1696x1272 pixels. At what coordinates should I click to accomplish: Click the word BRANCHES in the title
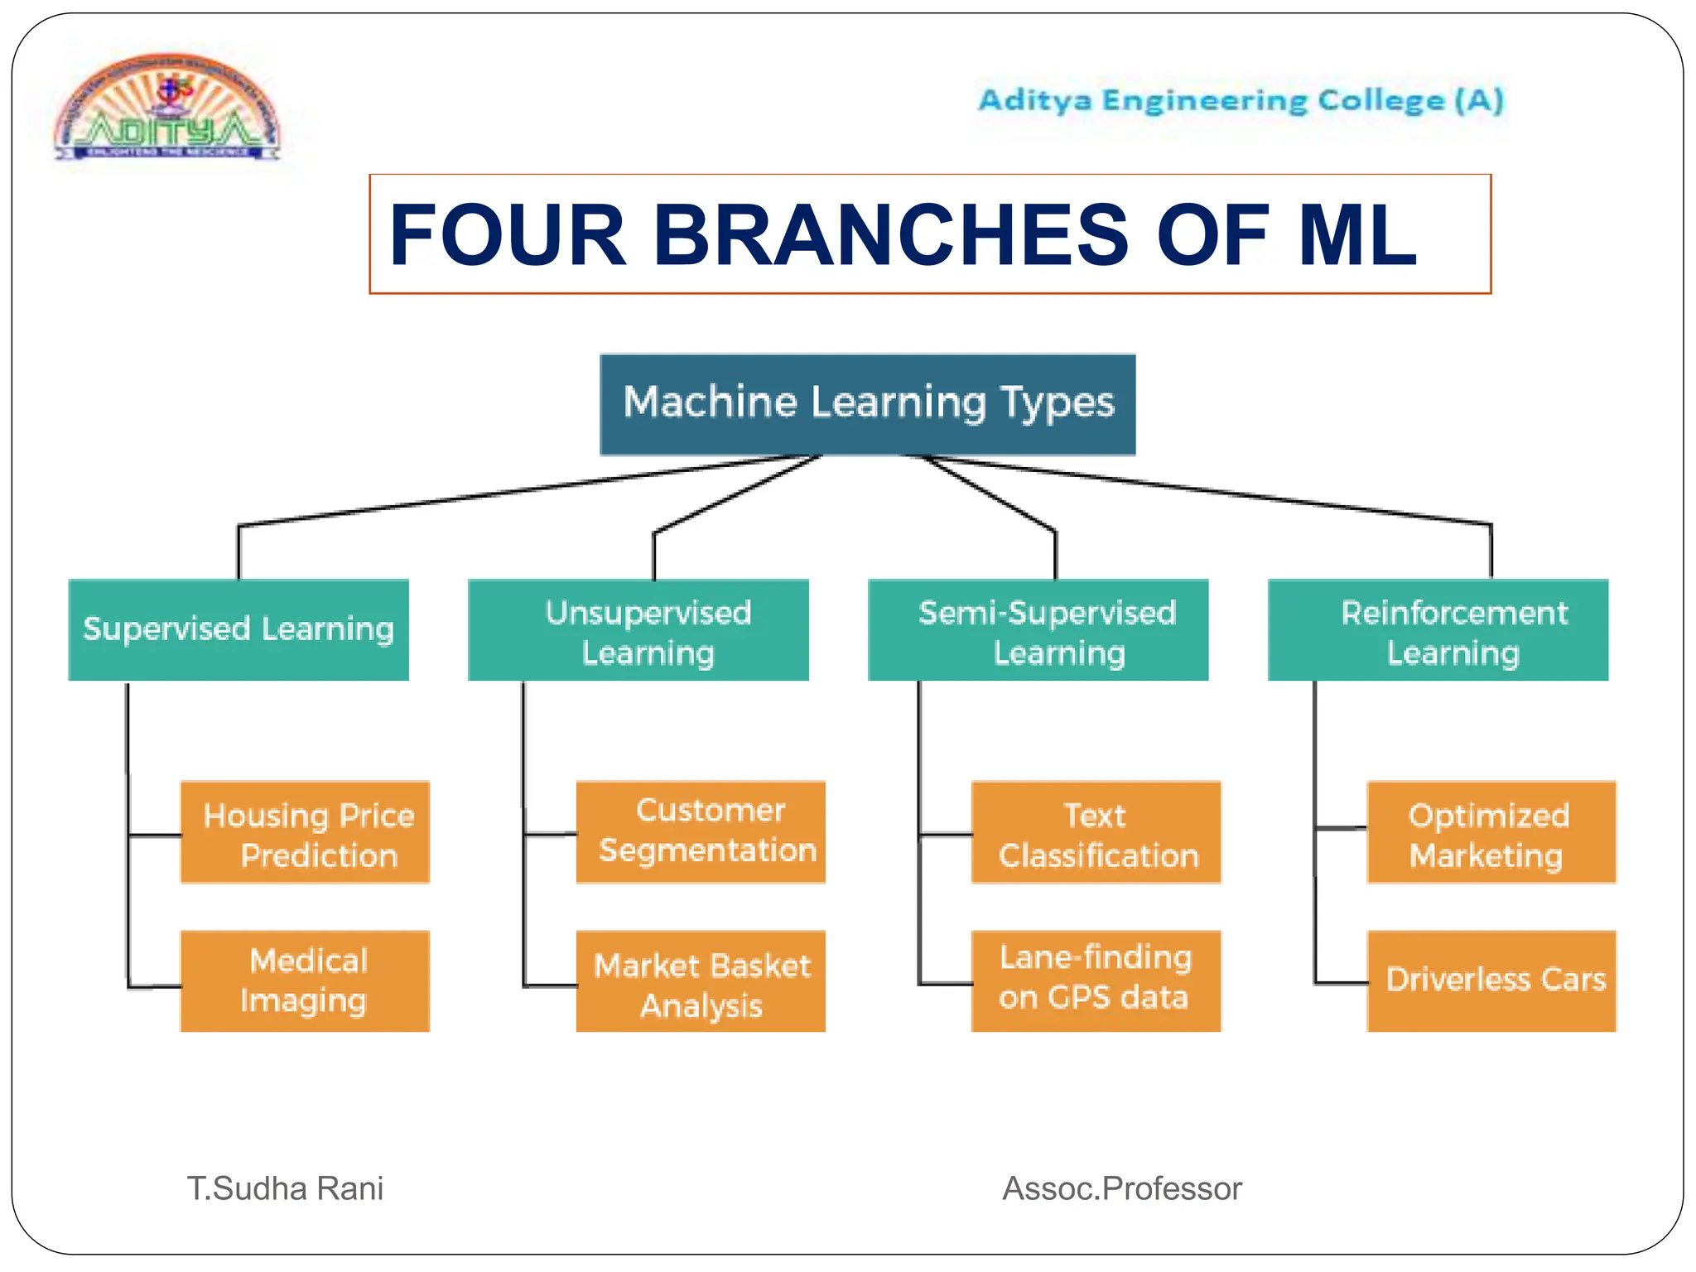tap(890, 236)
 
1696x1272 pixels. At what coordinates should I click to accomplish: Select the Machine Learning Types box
tap(867, 404)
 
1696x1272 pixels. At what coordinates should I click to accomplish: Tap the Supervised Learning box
tap(238, 629)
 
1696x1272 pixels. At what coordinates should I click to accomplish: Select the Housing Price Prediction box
tap(305, 832)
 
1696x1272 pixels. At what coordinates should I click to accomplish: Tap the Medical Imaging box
tap(305, 981)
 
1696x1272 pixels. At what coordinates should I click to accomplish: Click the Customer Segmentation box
tap(701, 831)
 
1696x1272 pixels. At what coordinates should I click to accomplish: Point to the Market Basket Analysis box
tap(701, 982)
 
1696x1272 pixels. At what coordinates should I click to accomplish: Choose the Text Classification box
tap(1096, 832)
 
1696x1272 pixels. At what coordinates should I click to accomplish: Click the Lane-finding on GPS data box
tap(1096, 981)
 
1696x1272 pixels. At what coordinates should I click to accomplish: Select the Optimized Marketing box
tap(1491, 832)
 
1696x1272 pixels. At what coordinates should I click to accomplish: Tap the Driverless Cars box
tap(1491, 981)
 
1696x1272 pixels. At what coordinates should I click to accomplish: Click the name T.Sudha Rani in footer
tap(285, 1188)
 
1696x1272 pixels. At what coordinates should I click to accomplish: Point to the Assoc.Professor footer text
tap(1121, 1188)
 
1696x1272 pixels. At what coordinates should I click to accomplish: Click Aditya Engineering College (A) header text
tap(1240, 101)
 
